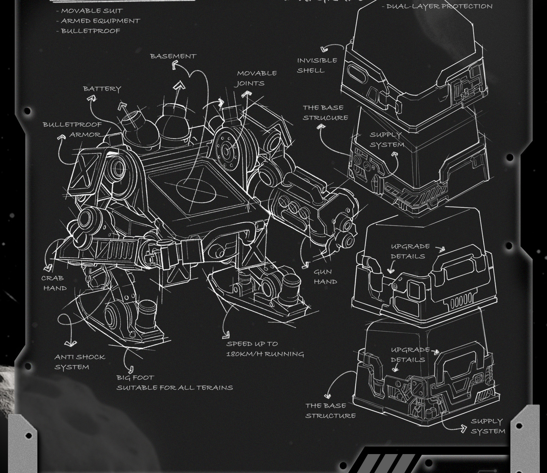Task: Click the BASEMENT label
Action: [173, 56]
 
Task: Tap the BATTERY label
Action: [102, 89]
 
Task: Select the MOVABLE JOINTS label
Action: [256, 78]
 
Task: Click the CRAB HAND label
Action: [54, 283]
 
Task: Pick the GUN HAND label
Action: [325, 277]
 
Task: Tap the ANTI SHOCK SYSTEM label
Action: [79, 362]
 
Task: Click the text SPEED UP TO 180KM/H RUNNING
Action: [265, 349]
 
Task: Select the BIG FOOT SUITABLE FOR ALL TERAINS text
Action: [174, 383]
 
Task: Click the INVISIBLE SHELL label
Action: [316, 65]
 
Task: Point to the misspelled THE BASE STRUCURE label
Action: [325, 113]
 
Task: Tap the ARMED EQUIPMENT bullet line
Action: [100, 21]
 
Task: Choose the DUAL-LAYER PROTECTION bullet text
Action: [439, 6]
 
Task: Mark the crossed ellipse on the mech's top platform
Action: [196, 190]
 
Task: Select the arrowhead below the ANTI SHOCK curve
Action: [70, 343]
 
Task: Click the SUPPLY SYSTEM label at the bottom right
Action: [487, 426]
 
